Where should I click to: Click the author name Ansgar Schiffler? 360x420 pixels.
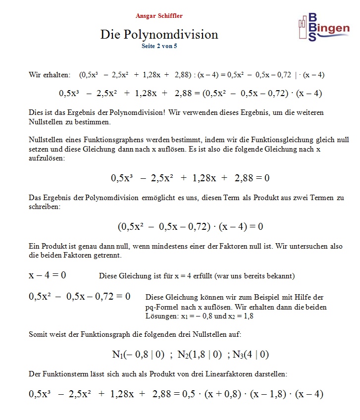pyautogui.click(x=159, y=16)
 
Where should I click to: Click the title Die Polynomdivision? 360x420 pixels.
pyautogui.click(x=159, y=35)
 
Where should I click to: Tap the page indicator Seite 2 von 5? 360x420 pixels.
pyautogui.click(x=159, y=46)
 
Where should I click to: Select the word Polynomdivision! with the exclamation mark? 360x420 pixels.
pyautogui.click(x=136, y=113)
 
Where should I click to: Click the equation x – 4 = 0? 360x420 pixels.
pyautogui.click(x=48, y=275)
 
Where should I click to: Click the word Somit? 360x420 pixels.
pyautogui.click(x=38, y=335)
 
